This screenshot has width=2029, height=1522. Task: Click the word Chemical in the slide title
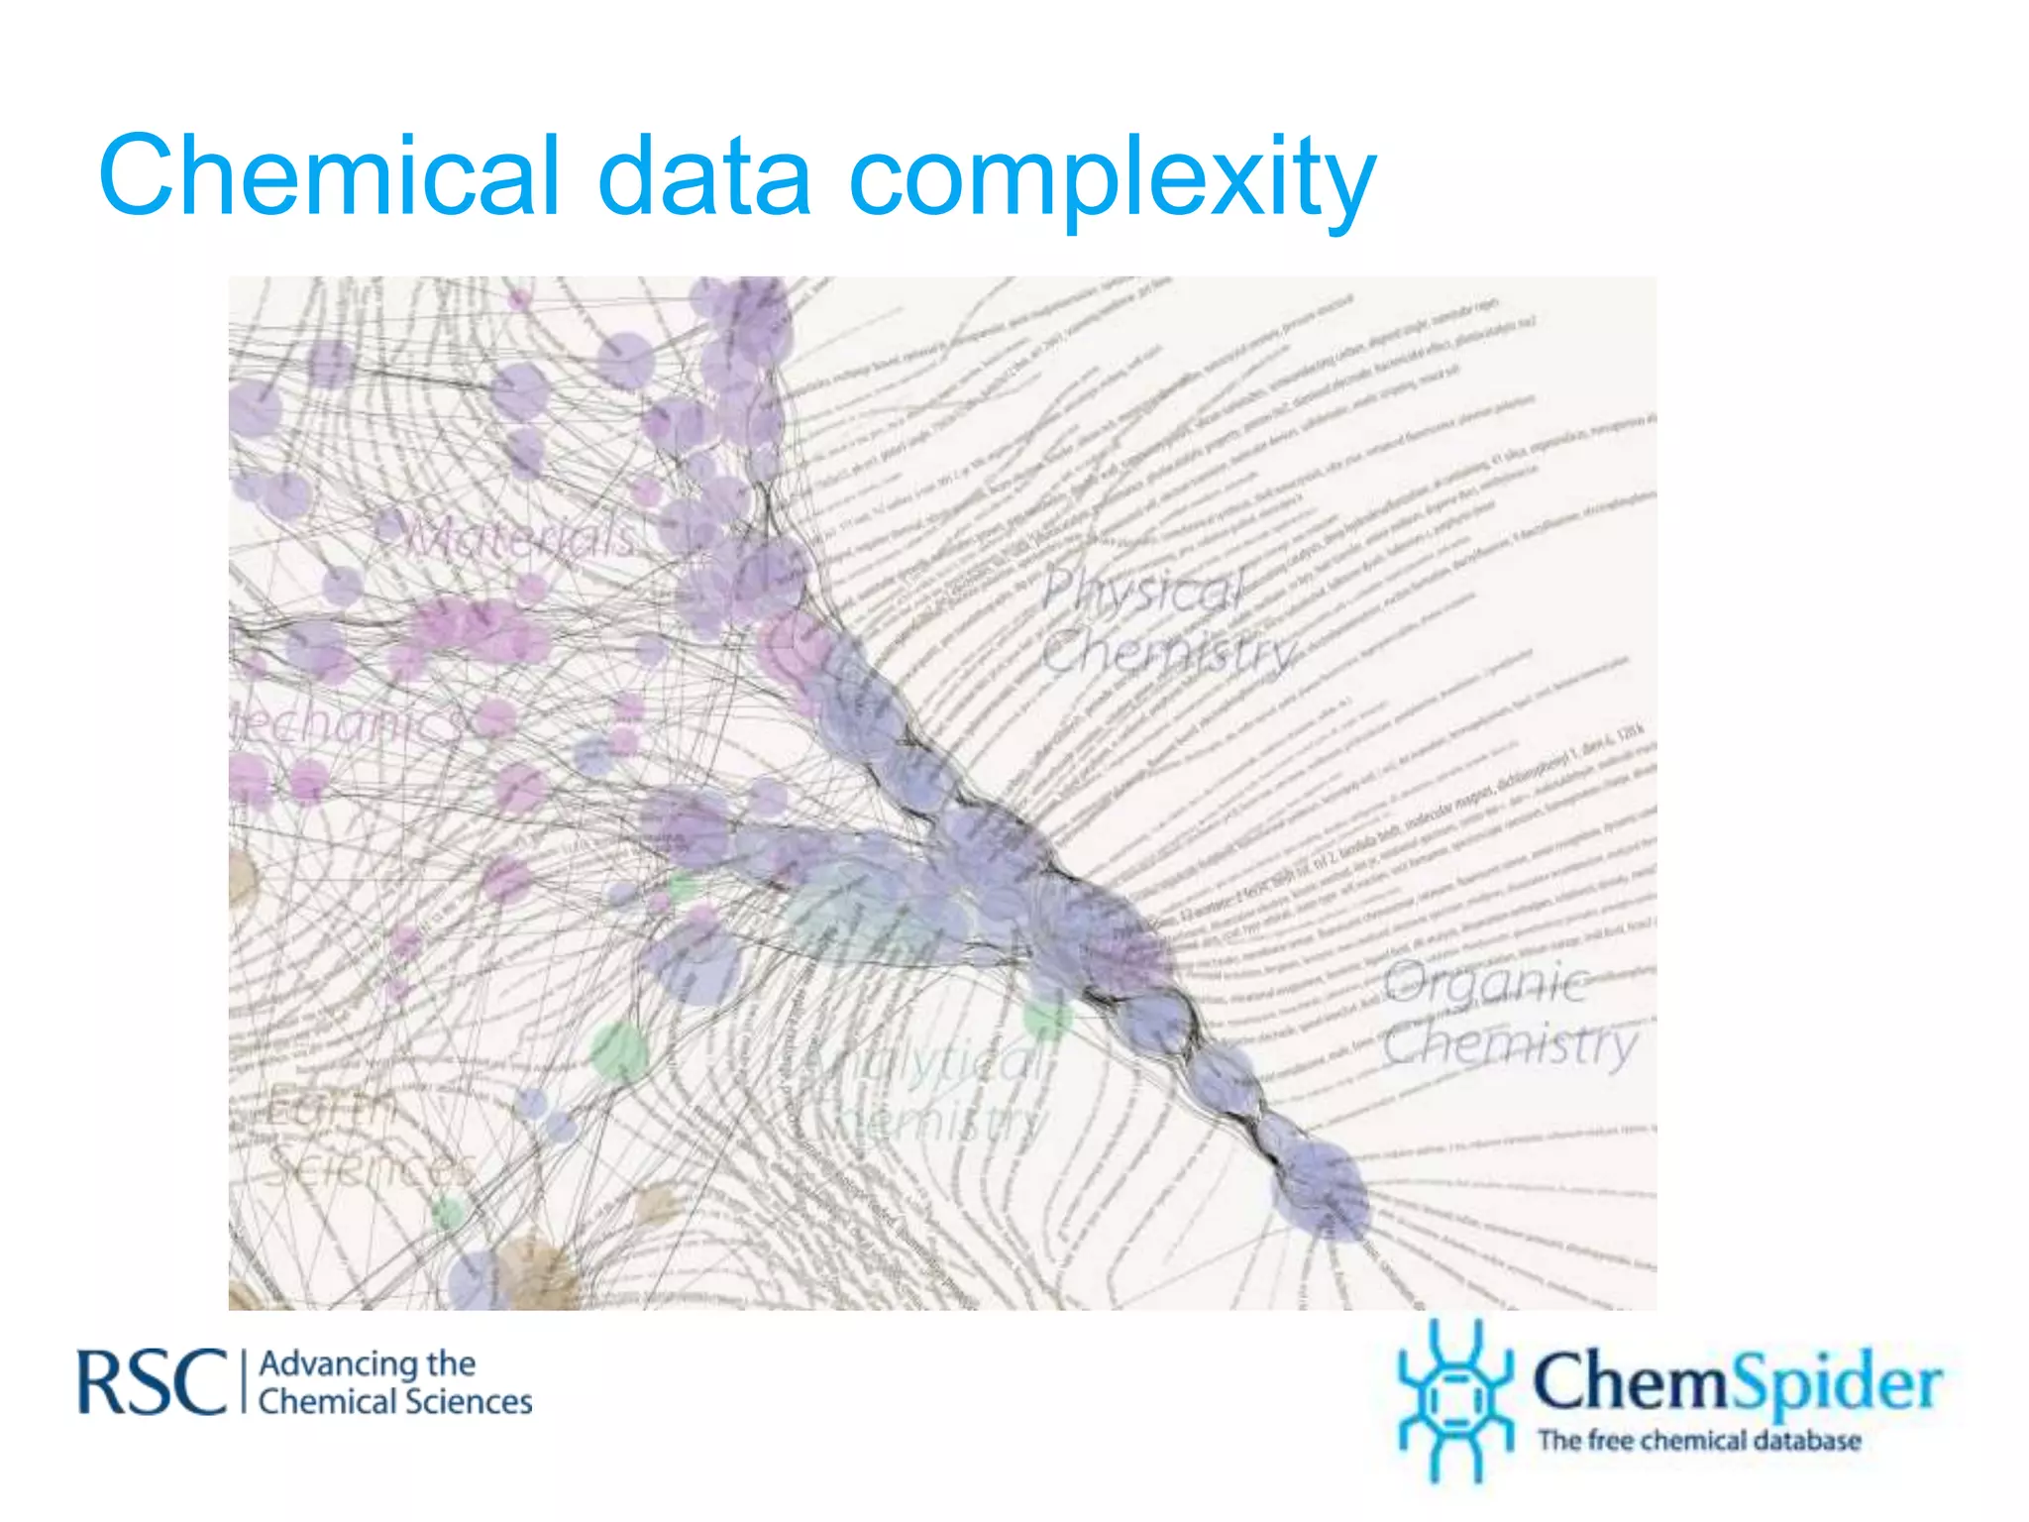(x=328, y=176)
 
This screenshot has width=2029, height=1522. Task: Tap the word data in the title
(x=704, y=176)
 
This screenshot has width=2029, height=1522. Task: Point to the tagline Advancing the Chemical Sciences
(x=394, y=1383)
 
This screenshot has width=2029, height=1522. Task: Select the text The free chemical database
(x=1698, y=1441)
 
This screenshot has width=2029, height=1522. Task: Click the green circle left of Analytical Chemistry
(x=620, y=1051)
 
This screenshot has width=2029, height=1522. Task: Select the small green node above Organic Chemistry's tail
(x=1046, y=1016)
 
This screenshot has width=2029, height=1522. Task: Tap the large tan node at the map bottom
(x=535, y=1273)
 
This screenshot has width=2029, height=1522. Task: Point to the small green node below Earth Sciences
(x=449, y=1212)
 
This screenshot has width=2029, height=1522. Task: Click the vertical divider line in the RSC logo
(x=243, y=1381)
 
